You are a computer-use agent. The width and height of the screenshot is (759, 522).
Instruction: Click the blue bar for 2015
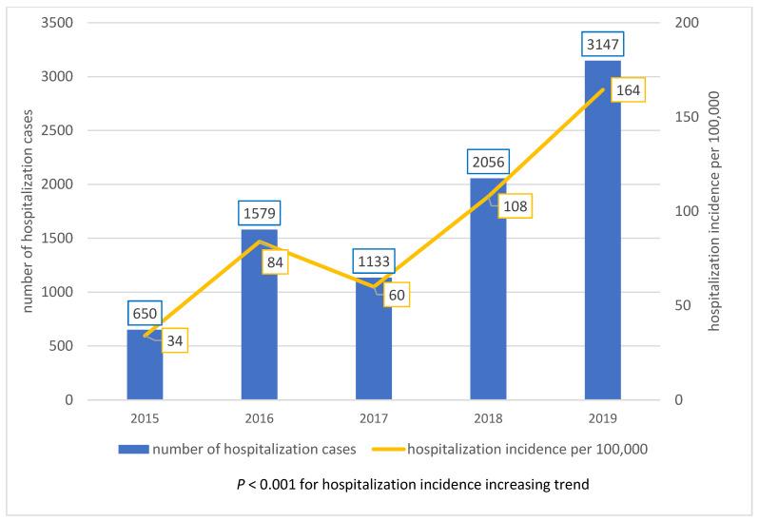[x=145, y=365]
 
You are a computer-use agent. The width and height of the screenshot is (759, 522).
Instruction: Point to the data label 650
[x=145, y=312]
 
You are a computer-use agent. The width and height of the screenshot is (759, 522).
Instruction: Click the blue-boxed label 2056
[x=488, y=161]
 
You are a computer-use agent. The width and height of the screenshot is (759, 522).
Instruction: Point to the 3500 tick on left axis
[x=60, y=23]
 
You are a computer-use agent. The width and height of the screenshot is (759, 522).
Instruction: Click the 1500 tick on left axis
[x=60, y=239]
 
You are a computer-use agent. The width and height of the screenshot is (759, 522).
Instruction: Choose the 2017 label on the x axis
[x=373, y=418]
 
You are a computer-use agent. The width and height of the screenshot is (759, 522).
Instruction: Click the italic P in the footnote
[x=240, y=484]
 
